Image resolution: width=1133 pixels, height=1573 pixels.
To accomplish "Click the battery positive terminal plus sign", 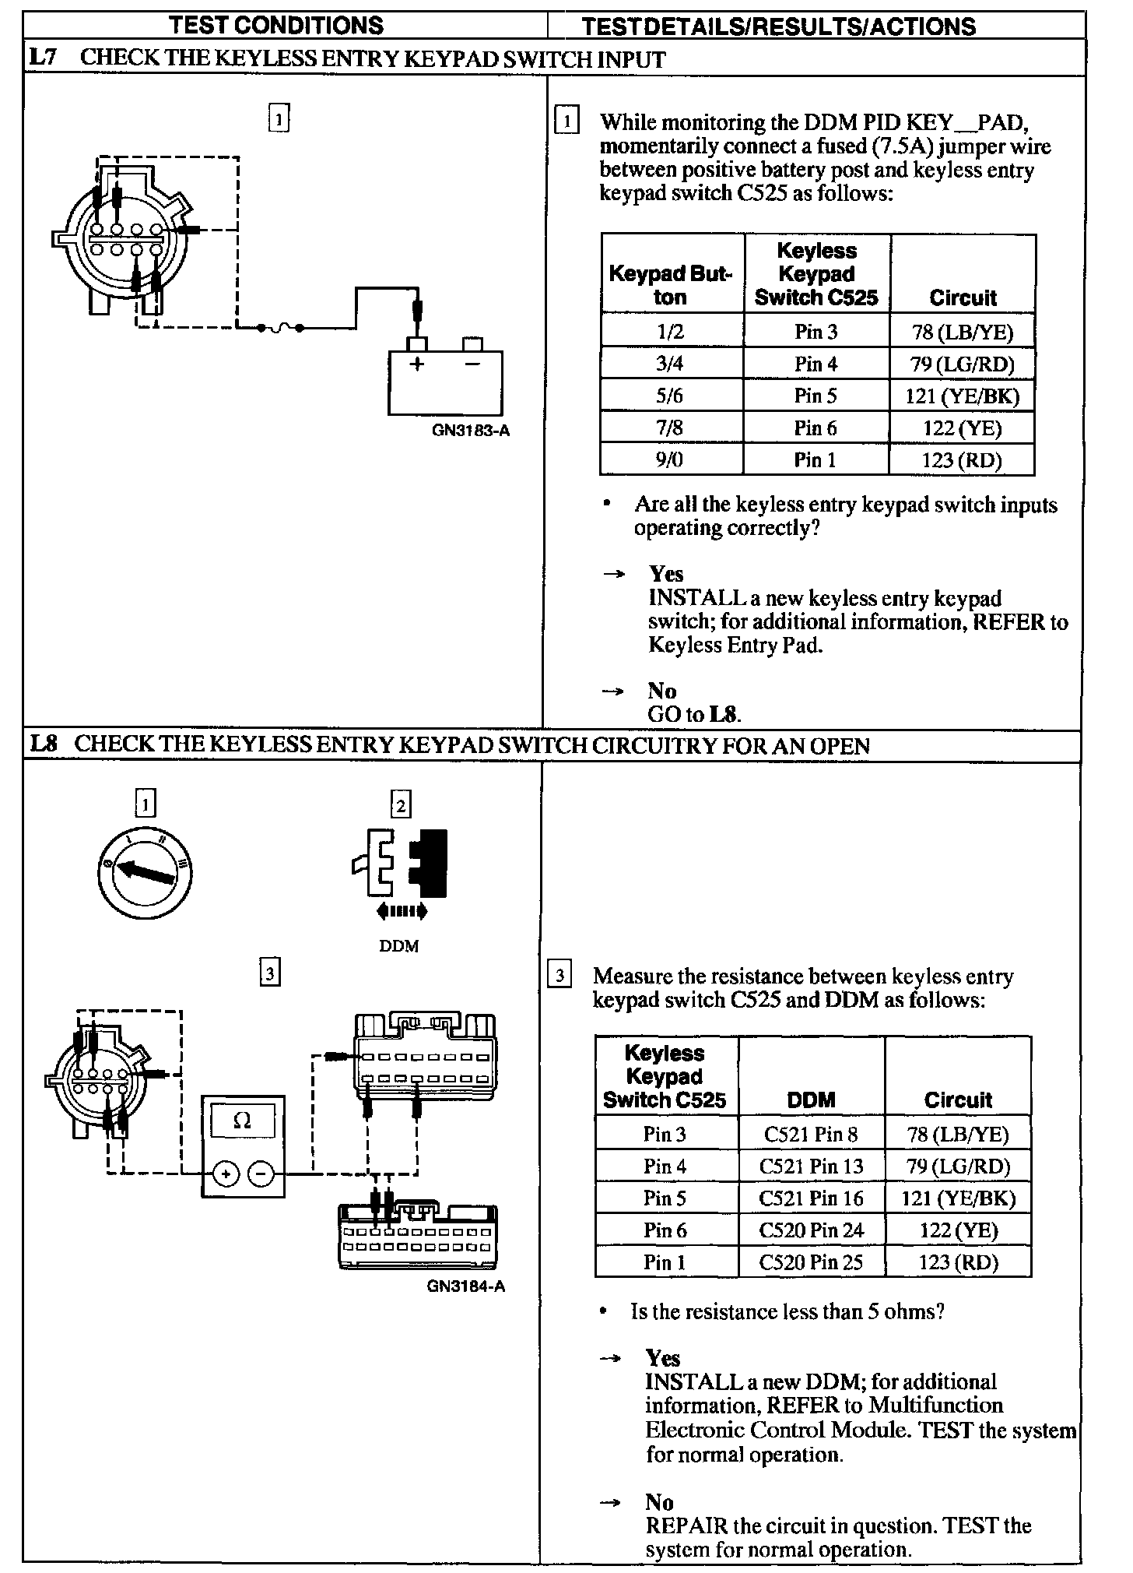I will pos(417,364).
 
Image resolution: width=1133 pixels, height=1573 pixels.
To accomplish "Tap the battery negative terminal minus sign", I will pos(472,364).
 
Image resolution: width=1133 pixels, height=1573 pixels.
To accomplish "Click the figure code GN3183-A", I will pos(471,430).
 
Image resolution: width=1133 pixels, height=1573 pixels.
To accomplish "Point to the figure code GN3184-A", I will pos(466,1286).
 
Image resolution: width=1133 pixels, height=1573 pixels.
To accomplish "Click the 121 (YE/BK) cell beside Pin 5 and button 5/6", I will pos(962,396).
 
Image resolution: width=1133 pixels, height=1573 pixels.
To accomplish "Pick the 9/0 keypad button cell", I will pos(670,460).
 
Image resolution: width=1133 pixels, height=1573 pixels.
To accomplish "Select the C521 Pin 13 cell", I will pos(812,1167).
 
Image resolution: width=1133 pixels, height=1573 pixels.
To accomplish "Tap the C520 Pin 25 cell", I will pos(812,1262).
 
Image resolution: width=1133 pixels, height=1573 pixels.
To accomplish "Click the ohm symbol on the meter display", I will pos(243,1121).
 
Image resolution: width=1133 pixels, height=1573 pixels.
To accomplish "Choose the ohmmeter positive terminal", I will pos(225,1174).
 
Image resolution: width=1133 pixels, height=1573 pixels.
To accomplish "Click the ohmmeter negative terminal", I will pos(261,1174).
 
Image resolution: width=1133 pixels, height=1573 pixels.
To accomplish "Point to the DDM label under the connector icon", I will pos(399,946).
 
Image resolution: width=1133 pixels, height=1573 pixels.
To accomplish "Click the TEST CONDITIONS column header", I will pos(277,25).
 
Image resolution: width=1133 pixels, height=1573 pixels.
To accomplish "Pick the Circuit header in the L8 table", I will pos(958,1100).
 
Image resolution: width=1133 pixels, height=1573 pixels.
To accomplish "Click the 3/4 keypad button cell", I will pos(670,364).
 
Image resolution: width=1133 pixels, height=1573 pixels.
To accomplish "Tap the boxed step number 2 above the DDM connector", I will pos(401,804).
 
